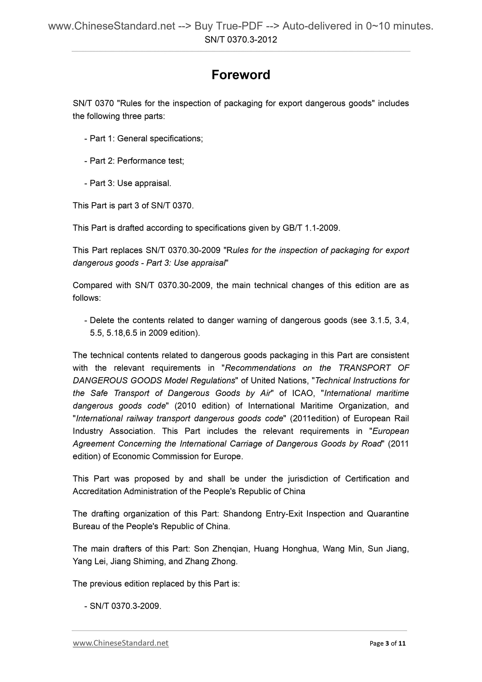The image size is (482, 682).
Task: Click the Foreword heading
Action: point(241,75)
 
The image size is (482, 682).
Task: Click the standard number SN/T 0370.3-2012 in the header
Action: point(241,39)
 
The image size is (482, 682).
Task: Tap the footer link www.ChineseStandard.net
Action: point(121,643)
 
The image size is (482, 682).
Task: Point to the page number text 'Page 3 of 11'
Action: point(387,643)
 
